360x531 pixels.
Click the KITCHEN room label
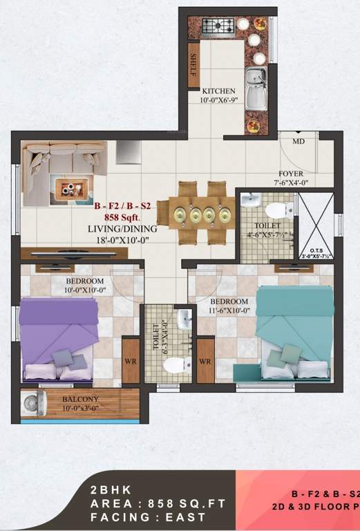[218, 91]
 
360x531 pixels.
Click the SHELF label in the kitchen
[194, 64]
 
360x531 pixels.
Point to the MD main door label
[298, 141]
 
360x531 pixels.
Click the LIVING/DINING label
[122, 228]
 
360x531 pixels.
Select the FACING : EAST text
[147, 517]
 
